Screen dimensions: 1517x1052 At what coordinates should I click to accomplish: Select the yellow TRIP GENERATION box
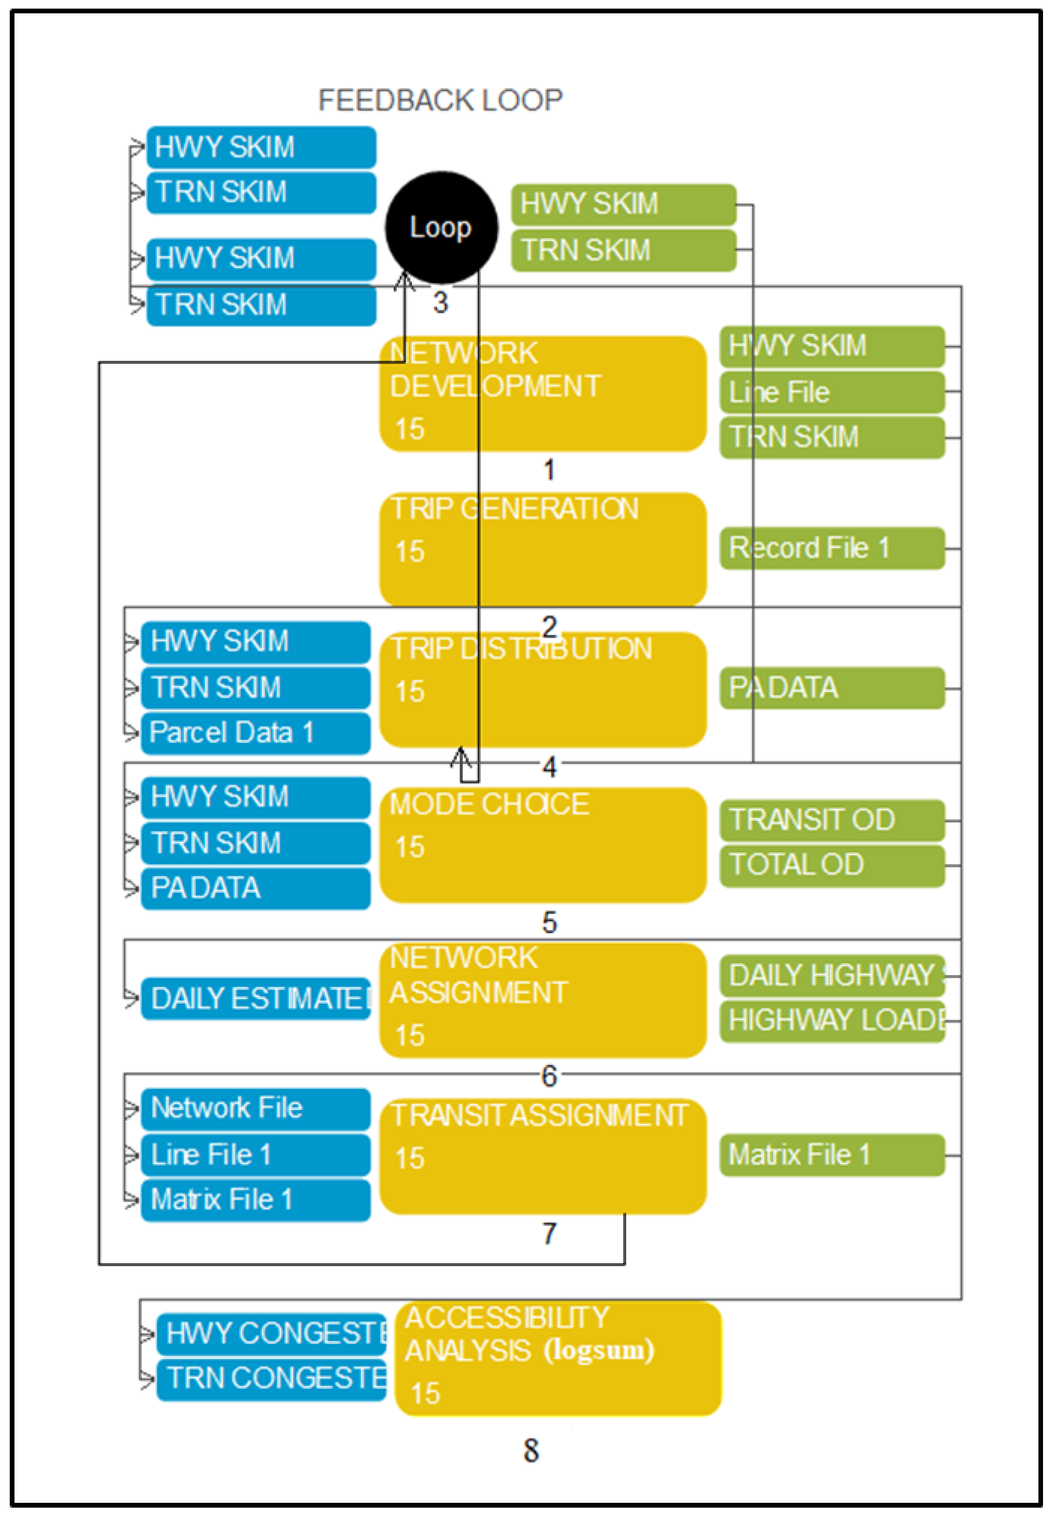[542, 549]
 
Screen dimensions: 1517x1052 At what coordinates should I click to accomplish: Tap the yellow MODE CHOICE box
[542, 845]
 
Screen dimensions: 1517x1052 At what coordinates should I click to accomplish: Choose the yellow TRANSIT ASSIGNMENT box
[542, 1156]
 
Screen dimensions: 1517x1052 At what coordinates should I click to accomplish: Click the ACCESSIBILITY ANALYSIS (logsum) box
[557, 1358]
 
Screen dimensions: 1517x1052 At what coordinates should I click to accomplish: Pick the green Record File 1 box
[832, 548]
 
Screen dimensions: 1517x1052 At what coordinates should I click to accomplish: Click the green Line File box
[832, 392]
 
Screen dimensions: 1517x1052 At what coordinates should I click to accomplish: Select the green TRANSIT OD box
[832, 820]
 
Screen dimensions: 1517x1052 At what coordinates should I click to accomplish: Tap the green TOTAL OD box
[832, 865]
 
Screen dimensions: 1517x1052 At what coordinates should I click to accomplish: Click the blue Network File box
[255, 1108]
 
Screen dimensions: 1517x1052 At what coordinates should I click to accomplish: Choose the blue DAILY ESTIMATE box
[255, 999]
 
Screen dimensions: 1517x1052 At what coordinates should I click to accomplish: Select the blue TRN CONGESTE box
[270, 1378]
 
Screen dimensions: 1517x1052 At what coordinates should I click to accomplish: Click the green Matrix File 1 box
[832, 1155]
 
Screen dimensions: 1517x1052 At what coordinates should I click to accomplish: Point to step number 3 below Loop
[440, 303]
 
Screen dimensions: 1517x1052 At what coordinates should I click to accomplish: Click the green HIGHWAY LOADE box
[832, 1021]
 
